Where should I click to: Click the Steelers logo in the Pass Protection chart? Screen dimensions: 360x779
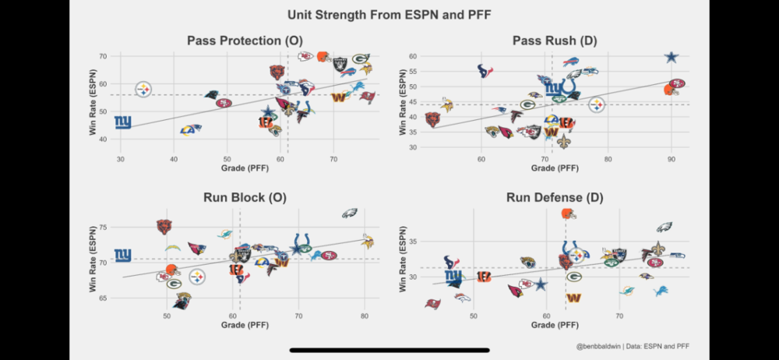(143, 90)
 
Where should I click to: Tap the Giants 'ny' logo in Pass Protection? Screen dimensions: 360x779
(122, 122)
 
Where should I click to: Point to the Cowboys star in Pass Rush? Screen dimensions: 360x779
(672, 57)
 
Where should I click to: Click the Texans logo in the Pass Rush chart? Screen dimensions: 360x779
(485, 71)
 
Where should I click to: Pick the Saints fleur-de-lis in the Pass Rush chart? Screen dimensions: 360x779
(563, 141)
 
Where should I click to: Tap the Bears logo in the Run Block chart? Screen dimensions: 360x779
(164, 227)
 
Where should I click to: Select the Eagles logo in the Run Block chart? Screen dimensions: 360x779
(350, 213)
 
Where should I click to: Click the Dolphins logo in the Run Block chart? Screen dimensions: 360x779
(224, 233)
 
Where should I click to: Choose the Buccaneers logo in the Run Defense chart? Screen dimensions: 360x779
(431, 304)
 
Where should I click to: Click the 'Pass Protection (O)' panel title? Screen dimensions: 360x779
(245, 41)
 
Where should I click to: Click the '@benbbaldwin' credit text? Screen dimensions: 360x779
(597, 346)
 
